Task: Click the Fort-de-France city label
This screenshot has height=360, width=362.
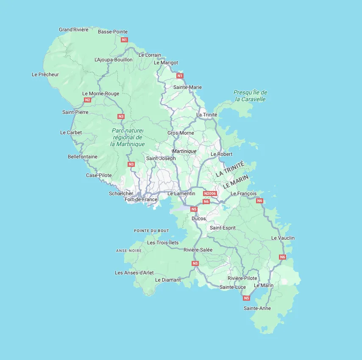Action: (141, 199)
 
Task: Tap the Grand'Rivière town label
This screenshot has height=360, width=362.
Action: (74, 30)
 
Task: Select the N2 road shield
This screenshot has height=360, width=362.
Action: (87, 100)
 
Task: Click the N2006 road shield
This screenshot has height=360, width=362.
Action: (210, 194)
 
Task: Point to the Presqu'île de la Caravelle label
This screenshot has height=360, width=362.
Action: (250, 96)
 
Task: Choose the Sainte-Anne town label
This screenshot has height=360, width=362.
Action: (257, 308)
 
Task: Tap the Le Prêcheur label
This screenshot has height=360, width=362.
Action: (45, 75)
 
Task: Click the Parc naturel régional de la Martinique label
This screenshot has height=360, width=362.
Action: (128, 137)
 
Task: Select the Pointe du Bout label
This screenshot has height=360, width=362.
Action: (151, 230)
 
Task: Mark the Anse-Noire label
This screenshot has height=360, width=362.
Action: (129, 251)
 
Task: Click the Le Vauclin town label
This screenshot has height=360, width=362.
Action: (283, 238)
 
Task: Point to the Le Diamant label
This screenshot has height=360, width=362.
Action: (168, 280)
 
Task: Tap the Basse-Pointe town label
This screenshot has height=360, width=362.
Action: (113, 32)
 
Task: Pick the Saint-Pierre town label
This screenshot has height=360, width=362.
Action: (75, 112)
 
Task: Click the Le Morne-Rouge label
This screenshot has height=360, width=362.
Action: (101, 94)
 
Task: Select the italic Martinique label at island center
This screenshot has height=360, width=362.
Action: (184, 151)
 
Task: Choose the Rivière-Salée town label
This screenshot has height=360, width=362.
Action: (198, 250)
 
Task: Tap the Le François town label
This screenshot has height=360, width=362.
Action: (243, 194)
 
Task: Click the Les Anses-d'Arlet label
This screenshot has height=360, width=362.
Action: (134, 273)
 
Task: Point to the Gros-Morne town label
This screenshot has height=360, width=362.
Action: (181, 133)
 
